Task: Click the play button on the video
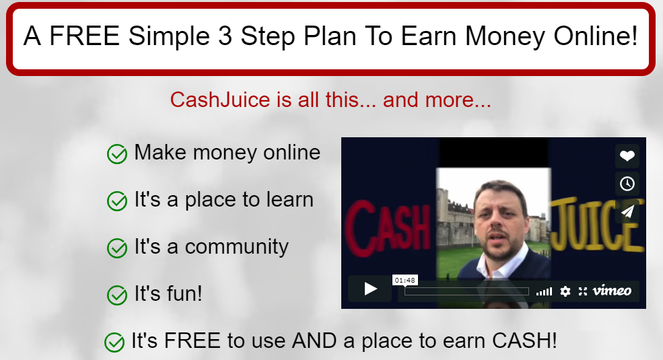point(370,289)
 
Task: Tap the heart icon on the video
point(627,156)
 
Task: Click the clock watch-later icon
point(627,184)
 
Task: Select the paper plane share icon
point(627,211)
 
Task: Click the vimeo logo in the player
point(612,291)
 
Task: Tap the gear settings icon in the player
point(565,291)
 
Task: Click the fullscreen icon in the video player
point(583,291)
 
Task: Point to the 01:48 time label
point(405,280)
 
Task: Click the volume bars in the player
point(544,291)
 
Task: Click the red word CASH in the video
point(388,228)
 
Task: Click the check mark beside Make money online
point(116,154)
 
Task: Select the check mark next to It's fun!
point(116,295)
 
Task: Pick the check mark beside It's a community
point(116,248)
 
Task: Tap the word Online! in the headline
point(595,36)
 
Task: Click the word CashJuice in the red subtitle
point(220,100)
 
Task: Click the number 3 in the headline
point(225,36)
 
